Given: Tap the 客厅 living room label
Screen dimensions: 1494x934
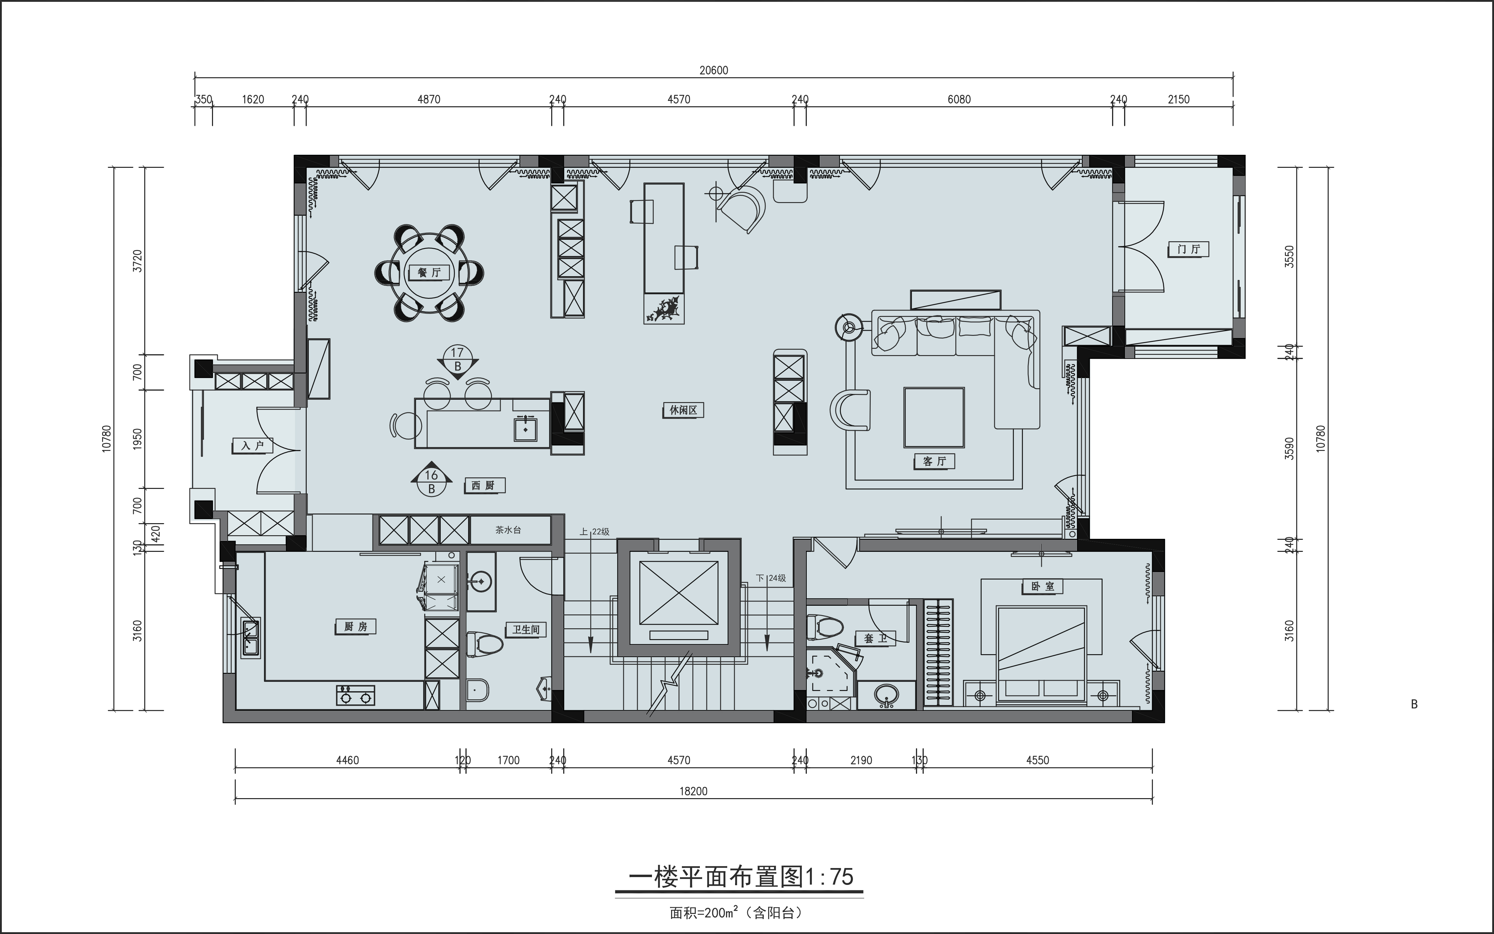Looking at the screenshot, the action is pos(934,461).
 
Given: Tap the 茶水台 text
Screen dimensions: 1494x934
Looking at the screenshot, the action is pos(509,530).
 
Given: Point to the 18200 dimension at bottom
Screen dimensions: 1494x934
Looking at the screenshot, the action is pos(693,791).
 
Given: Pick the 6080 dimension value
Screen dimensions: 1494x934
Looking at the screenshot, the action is pos(959,99).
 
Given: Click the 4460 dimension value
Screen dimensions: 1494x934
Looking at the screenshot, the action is pos(347,761).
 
